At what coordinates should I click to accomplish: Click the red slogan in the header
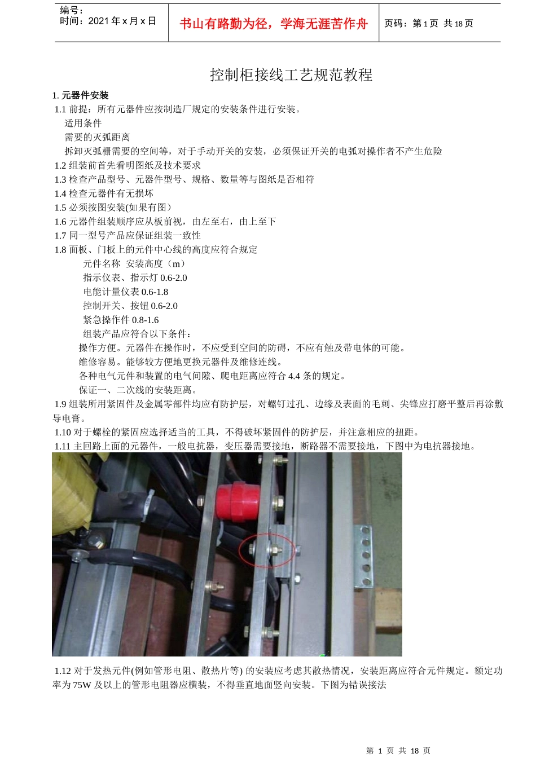[x=274, y=24]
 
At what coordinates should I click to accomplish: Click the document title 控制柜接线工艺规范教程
[x=291, y=75]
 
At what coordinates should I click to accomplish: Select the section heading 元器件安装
[x=85, y=95]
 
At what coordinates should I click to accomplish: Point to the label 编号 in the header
[x=70, y=10]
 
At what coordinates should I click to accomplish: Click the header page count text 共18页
[x=458, y=24]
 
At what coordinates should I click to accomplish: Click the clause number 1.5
[x=60, y=208]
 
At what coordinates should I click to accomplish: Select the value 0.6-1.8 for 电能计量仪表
[x=155, y=292]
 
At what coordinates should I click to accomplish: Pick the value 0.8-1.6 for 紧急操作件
[x=145, y=320]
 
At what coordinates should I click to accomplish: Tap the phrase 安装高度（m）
[x=156, y=264]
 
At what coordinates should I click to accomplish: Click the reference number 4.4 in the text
[x=294, y=376]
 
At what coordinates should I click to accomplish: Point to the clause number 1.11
[x=63, y=446]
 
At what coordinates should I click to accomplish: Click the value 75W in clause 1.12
[x=82, y=685]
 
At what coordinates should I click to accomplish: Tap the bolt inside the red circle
[x=273, y=548]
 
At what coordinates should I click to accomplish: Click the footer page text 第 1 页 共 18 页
[x=398, y=751]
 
